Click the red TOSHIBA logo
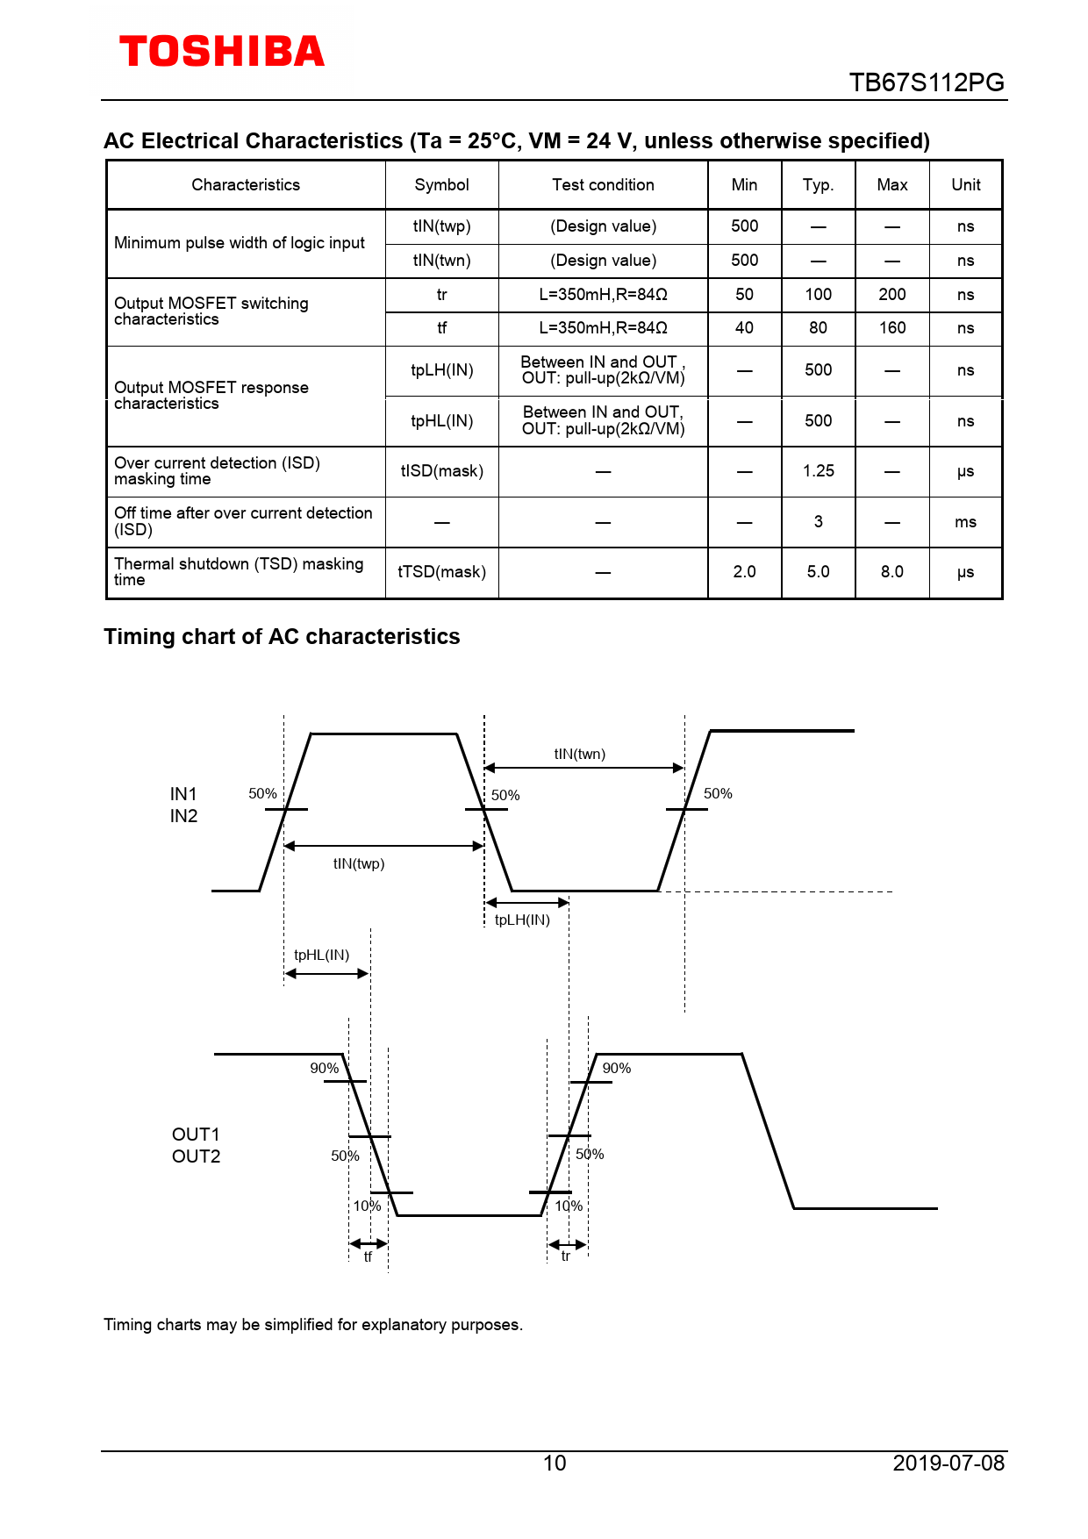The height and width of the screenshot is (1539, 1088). point(221,52)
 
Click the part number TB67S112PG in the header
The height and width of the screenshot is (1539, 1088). point(926,82)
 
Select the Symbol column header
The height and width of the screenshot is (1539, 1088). point(441,185)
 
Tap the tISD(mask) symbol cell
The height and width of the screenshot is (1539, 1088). point(441,471)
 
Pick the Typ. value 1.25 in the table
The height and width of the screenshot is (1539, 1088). point(818,471)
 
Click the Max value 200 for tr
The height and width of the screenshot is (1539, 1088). point(891,295)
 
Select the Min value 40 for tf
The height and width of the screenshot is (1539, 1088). point(744,328)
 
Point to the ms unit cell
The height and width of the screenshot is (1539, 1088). point(965,522)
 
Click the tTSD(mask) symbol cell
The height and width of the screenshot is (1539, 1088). point(441,572)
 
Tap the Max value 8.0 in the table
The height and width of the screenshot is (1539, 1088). point(891,572)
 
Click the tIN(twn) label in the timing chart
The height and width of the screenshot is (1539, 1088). point(579,754)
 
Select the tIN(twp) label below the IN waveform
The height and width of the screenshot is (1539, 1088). point(358,863)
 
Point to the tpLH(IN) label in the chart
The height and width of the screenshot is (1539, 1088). point(522,920)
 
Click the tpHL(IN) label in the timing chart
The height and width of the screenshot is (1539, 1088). point(321,955)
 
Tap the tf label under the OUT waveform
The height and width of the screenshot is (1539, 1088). point(368,1257)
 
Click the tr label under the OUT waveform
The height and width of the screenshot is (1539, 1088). point(566,1256)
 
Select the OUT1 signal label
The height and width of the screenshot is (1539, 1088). point(196,1135)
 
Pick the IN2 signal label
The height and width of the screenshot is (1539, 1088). point(183,816)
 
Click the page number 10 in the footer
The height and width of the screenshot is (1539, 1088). point(555,1463)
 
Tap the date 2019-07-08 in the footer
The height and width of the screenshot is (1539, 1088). point(948,1463)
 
